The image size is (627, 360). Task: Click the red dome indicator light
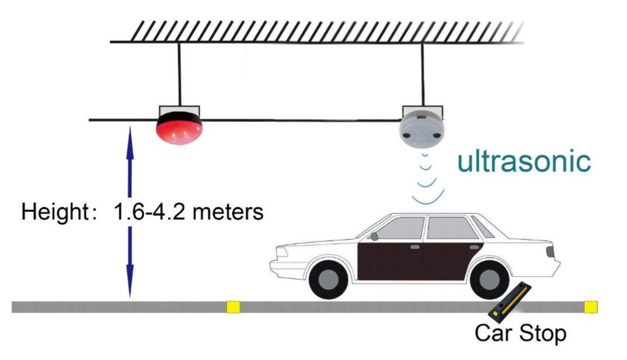(179, 128)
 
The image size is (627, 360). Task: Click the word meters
(228, 212)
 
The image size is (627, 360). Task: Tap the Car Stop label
(520, 334)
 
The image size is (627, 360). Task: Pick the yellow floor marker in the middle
(234, 306)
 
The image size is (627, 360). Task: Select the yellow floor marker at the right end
(591, 306)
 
